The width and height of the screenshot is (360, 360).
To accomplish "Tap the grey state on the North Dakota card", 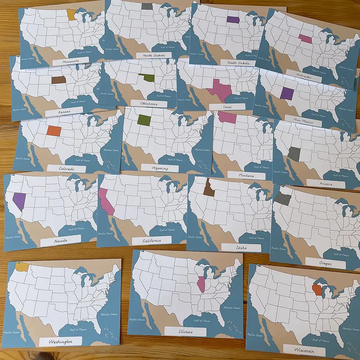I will (x=147, y=6).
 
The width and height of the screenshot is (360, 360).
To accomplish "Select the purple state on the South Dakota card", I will (x=233, y=19).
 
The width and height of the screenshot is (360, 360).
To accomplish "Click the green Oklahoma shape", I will (x=147, y=78).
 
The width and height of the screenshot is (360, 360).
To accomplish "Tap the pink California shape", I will (x=106, y=201).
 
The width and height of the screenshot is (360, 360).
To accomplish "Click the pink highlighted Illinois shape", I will (x=201, y=284).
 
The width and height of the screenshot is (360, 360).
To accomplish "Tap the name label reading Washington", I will (x=61, y=342).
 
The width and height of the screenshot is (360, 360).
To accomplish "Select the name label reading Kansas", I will (x=65, y=111).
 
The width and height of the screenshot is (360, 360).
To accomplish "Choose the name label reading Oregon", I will (x=325, y=263).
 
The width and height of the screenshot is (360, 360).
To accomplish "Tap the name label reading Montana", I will (x=246, y=176).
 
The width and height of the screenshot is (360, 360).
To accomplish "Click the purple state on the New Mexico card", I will (x=287, y=93).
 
